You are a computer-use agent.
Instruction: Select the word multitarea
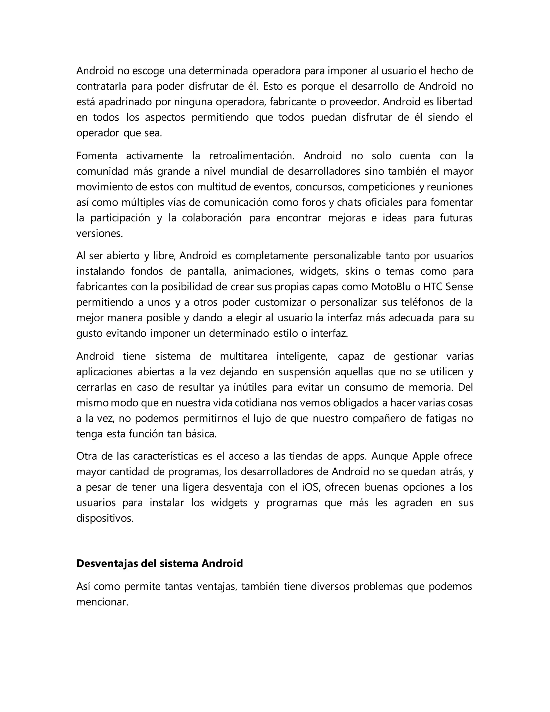coord(244,356)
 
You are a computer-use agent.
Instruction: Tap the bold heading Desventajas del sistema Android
coord(160,563)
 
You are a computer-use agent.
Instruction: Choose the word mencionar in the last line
coord(102,602)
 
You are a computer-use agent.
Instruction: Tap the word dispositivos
coord(105,518)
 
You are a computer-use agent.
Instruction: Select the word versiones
coord(99,234)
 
